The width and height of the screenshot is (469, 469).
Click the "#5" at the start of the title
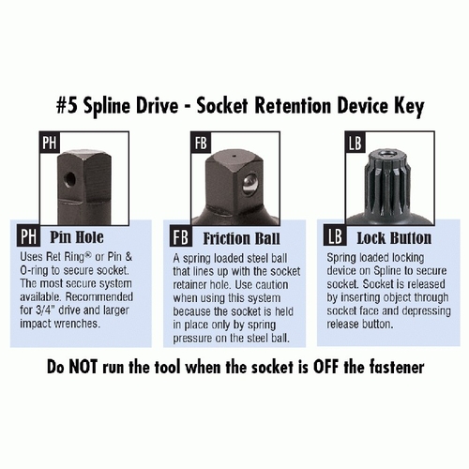coord(68,106)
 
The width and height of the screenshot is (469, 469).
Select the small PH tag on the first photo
coord(50,143)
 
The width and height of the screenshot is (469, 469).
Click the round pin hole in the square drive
coord(69,179)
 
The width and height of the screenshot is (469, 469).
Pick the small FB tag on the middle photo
coord(201,143)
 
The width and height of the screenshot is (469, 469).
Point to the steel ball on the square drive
coord(250,186)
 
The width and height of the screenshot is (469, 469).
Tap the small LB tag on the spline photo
coord(355,143)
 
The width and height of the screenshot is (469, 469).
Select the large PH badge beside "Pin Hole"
coord(28,236)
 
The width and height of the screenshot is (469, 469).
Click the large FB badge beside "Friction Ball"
coord(180,236)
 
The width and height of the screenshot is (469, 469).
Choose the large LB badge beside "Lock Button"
coord(335,235)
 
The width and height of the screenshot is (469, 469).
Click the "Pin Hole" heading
coord(77,236)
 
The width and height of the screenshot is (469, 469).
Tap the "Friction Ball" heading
coord(241,238)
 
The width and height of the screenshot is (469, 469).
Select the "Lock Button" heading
coord(394,238)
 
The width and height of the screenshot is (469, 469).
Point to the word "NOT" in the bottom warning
coord(83,366)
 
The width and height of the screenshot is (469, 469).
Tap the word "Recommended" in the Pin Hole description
coord(99,296)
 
